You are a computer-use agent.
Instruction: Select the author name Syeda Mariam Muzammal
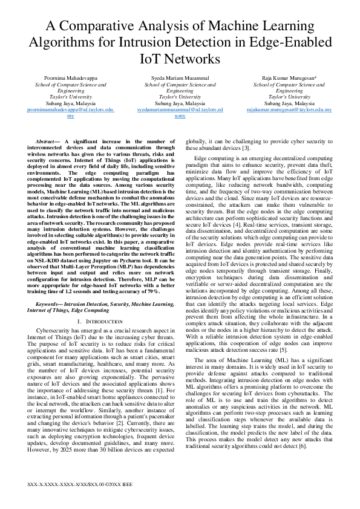coord(180,79)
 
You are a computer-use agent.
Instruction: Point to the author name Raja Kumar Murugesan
coord(289,79)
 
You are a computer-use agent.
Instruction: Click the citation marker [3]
coord(246,148)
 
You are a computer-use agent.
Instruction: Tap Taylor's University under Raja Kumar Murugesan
coord(289,97)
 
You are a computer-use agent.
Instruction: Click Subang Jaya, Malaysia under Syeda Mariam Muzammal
coord(180,103)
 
